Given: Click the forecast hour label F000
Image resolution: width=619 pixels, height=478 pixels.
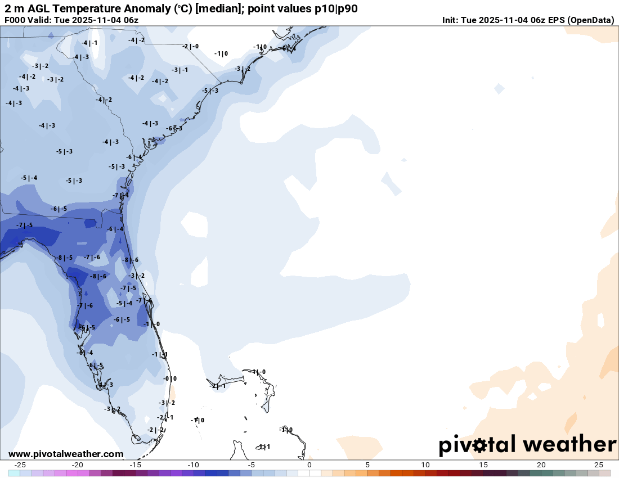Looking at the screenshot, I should point(15,20).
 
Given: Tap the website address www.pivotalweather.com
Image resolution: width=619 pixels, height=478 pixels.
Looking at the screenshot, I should point(66,454).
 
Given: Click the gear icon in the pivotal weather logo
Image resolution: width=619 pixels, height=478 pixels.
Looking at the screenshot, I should point(480,445).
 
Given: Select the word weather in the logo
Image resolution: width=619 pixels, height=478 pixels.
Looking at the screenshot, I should point(569,444).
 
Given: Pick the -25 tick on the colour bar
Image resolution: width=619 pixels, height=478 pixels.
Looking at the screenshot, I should point(20,465).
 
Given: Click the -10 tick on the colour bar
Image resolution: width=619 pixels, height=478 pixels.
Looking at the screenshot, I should point(193,465).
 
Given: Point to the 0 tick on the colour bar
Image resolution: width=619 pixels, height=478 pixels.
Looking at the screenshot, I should point(309,465).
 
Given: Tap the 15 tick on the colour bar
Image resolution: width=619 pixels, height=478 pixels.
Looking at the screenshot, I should point(483,465).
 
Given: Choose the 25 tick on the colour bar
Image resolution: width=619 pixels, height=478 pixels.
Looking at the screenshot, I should point(599,465).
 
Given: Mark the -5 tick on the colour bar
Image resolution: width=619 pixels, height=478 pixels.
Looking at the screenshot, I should point(251,465).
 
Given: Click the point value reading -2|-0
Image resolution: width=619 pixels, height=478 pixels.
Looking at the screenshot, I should point(190,46).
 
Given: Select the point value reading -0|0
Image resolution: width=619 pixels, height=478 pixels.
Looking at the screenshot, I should point(170,378).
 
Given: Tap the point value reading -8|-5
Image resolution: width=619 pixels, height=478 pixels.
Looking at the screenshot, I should point(64,258).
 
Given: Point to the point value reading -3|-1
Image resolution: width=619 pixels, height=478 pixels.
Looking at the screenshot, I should point(180,70).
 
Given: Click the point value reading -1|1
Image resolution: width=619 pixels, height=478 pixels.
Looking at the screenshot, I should point(160,354).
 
